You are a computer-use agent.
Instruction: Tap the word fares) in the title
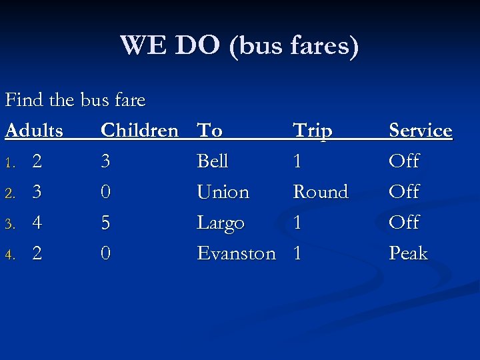324,46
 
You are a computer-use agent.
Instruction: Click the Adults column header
35,131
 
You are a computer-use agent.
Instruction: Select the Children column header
139,131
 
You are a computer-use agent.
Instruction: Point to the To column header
210,131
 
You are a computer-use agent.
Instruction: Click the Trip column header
313,131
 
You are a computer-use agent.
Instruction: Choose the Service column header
421,131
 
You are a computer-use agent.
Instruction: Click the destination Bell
213,161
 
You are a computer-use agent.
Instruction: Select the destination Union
223,192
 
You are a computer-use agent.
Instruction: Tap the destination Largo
221,223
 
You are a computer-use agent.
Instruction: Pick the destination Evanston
236,253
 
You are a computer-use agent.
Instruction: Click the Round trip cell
321,192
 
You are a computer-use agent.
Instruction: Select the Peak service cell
408,253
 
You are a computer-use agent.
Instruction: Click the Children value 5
105,223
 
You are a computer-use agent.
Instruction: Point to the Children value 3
105,161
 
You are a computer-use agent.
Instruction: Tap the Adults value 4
38,223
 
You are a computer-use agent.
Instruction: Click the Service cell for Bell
404,161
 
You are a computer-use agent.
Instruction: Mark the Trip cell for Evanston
297,253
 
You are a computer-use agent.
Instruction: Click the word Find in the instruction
24,100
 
